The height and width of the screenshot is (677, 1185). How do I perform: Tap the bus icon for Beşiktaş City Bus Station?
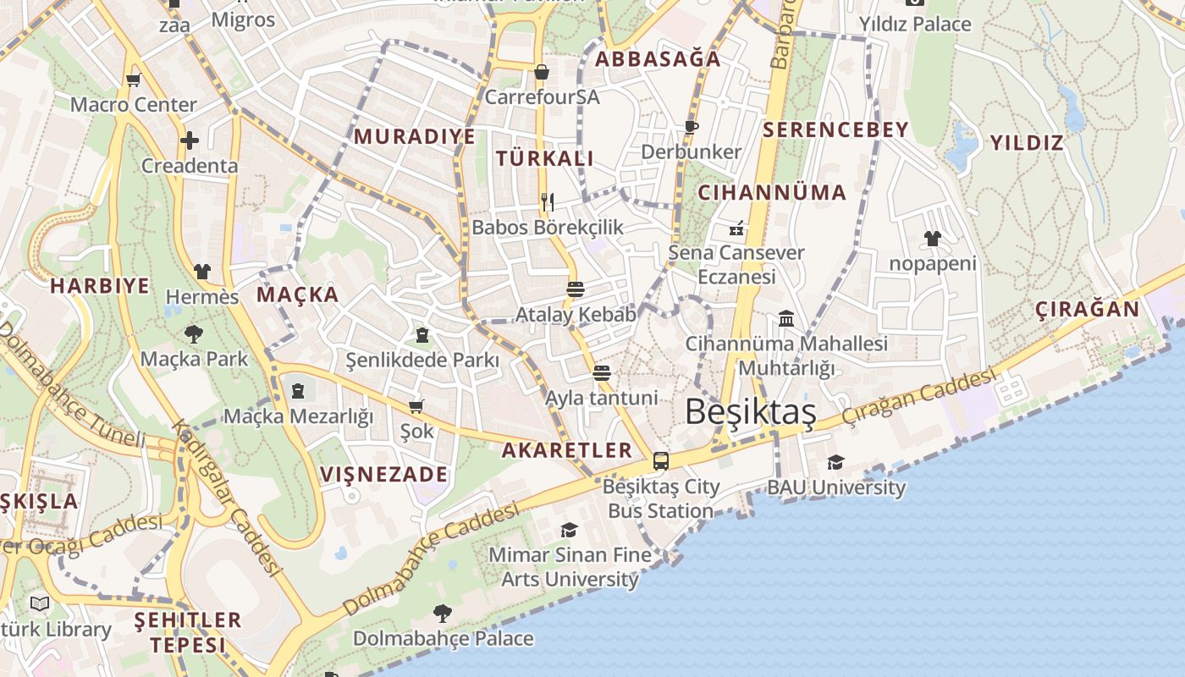661,461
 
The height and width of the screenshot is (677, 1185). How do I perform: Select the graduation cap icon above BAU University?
835,462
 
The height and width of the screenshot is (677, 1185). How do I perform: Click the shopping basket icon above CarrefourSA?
542,72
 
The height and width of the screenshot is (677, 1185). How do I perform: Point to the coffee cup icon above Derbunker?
692,127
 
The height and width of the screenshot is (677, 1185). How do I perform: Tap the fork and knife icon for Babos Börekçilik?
548,201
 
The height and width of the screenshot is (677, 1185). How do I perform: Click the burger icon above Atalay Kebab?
576,289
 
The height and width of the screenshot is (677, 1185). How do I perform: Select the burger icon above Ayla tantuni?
602,372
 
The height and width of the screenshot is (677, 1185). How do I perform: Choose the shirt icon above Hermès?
202,272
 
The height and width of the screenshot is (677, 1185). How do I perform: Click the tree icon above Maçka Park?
194,333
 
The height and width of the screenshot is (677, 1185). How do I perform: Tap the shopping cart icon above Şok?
416,406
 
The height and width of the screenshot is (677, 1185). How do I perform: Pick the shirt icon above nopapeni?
933,239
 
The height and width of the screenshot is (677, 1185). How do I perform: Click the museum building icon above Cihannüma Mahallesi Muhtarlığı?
786,319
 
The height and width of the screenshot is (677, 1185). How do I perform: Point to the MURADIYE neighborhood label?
414,136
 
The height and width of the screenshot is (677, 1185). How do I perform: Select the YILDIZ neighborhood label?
1026,142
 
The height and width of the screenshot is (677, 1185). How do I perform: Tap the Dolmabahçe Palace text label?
444,638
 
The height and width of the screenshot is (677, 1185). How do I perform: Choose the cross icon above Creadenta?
190,140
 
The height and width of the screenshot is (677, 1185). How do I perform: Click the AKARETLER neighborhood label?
567,450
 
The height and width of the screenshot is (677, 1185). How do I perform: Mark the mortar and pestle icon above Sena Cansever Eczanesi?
736,228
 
